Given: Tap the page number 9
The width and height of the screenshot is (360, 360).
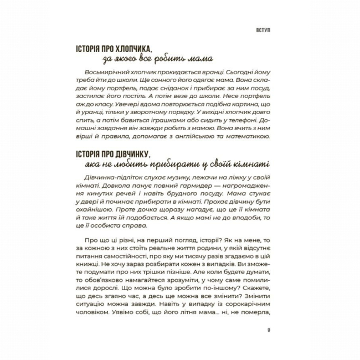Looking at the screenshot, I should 268,331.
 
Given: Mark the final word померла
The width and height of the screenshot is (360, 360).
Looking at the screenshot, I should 255,315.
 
